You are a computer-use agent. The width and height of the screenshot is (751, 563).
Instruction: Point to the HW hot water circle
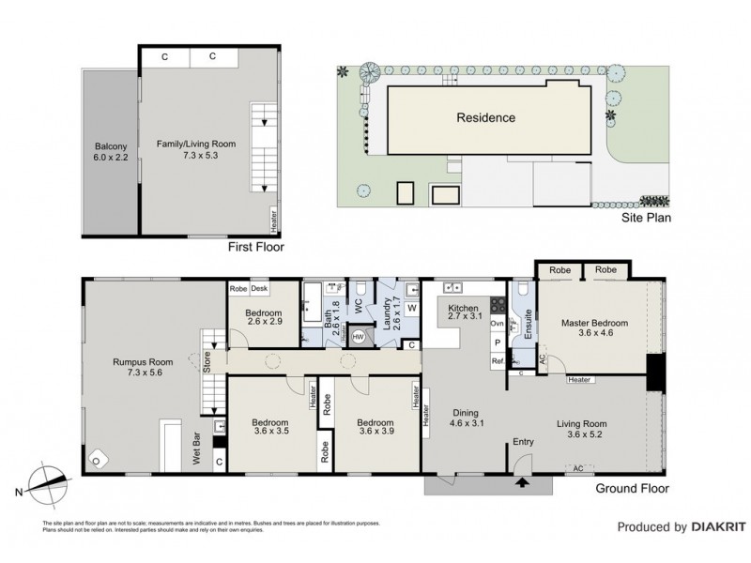point(357,342)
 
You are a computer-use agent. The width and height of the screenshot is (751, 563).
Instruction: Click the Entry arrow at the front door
point(523,483)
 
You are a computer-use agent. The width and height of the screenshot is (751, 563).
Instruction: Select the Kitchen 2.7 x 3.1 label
point(464,313)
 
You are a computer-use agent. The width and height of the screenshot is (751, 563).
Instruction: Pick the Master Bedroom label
point(594,328)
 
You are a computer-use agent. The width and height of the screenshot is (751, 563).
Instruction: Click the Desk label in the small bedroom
point(260,290)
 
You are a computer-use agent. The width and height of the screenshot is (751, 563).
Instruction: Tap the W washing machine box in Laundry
point(411,308)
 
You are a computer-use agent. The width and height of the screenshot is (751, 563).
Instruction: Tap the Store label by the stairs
point(207,360)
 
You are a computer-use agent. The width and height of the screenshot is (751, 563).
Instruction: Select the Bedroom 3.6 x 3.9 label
point(374,428)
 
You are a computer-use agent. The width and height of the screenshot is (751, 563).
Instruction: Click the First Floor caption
point(255,248)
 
